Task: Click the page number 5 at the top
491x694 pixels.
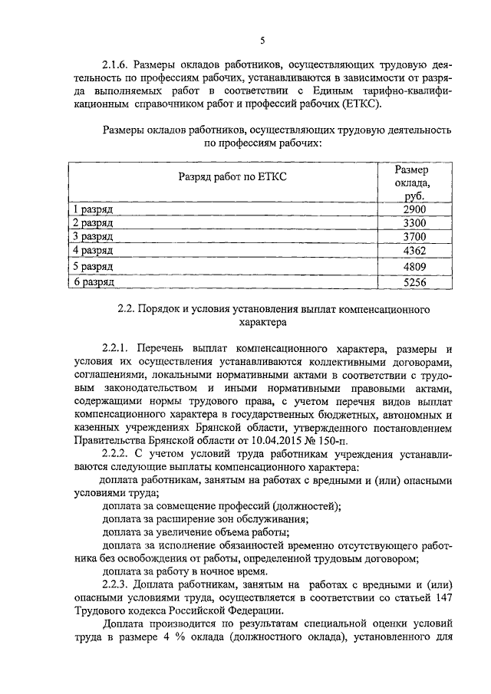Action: [x=262, y=41]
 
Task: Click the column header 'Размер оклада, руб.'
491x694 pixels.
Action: [x=412, y=183]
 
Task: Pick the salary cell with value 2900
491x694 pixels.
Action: [x=413, y=209]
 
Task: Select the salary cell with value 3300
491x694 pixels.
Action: [x=413, y=223]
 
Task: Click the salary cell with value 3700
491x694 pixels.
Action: [x=413, y=237]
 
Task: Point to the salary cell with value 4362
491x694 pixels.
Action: [x=413, y=251]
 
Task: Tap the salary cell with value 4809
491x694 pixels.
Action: [x=413, y=267]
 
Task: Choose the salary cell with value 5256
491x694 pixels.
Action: [x=413, y=282]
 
